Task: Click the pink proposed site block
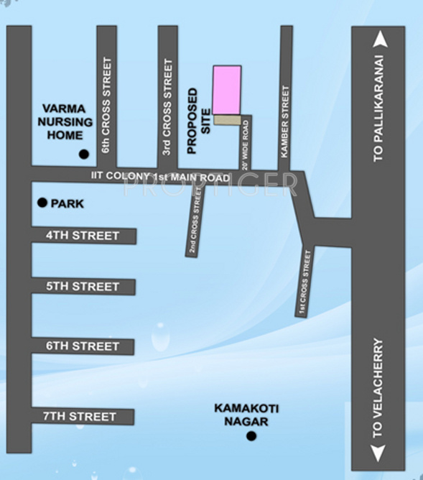coord(227,90)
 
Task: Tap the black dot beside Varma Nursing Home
coord(84,154)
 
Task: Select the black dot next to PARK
coord(42,203)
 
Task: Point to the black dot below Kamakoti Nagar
coord(251,436)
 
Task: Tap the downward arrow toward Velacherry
coord(378,452)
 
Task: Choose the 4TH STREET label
coord(83,236)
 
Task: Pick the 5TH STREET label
coord(83,287)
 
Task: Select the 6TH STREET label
coord(83,346)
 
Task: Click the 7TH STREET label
coord(80,416)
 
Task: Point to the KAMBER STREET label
coord(285,122)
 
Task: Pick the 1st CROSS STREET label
coord(306,283)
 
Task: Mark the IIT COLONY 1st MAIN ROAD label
coord(160,176)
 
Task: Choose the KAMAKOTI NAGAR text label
coord(246,415)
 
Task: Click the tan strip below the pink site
coord(227,120)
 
